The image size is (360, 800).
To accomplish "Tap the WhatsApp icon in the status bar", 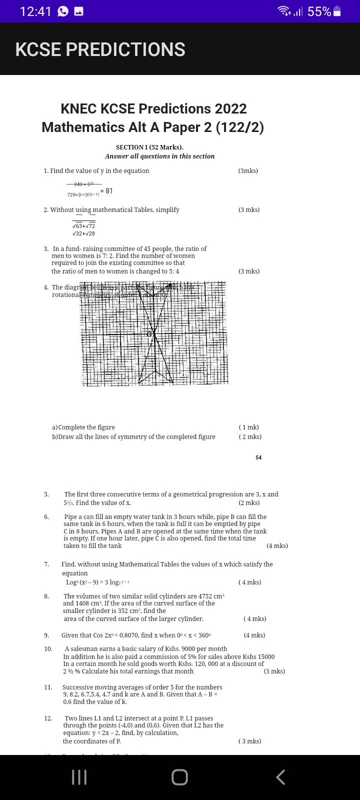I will point(63,11).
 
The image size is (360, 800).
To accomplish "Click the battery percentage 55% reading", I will point(319,11).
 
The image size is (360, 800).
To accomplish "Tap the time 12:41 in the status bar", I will point(35,11).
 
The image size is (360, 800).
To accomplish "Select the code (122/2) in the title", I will point(239,127).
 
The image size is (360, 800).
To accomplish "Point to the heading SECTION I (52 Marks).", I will point(149,147).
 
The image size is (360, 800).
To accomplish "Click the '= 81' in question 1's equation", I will point(106,191).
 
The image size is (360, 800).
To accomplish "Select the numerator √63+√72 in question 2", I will point(83,226).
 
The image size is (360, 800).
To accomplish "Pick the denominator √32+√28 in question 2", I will point(83,233).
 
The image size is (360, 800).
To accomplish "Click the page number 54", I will point(258,457).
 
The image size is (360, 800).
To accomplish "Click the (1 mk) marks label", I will point(248,427).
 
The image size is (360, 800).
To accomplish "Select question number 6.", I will point(46,517).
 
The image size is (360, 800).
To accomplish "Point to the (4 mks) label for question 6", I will point(277,546).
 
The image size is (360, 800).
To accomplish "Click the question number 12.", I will point(48,718).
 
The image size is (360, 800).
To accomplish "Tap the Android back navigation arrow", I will point(280,777).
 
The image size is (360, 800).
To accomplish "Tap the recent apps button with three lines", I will point(79,777).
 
